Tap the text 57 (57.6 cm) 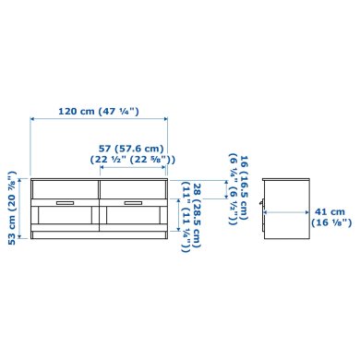(131, 148)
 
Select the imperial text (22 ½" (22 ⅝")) (131, 160)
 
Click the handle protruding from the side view (262, 206)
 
